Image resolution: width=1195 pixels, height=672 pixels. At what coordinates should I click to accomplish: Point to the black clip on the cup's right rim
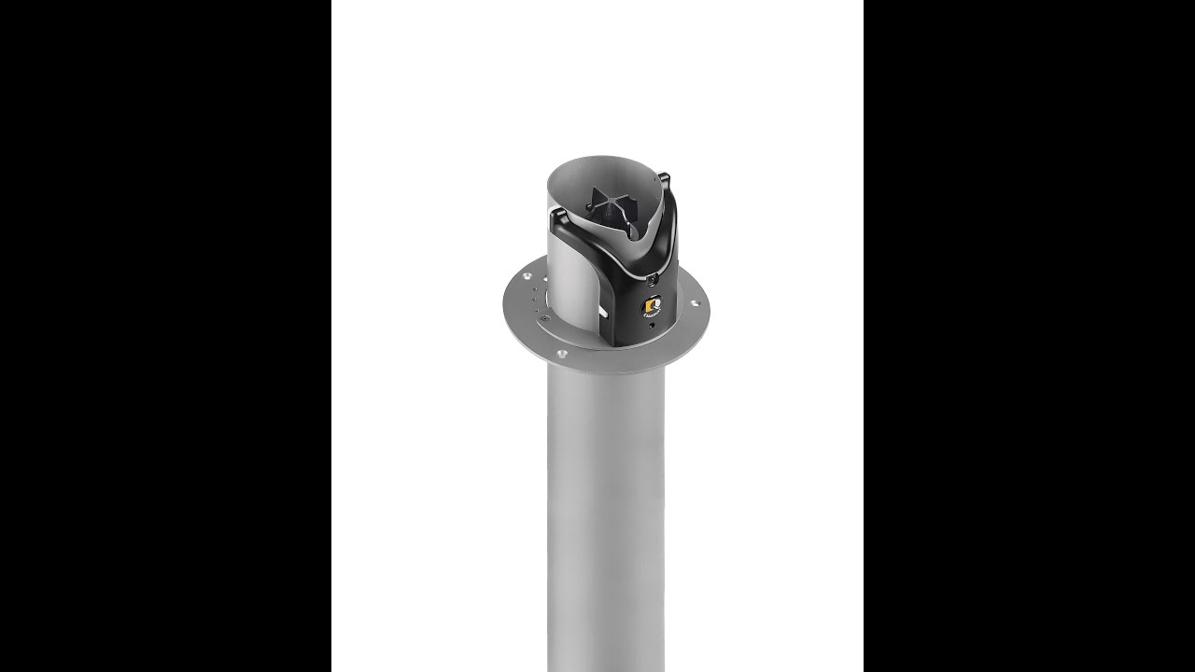click(x=664, y=177)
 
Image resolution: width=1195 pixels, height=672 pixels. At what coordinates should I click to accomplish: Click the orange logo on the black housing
click(x=651, y=306)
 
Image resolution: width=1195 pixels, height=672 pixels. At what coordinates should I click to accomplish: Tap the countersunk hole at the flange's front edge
click(x=561, y=354)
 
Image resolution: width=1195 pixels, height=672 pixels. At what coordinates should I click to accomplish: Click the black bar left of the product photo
click(x=165, y=336)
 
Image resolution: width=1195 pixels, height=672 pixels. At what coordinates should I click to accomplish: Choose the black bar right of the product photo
click(x=1029, y=336)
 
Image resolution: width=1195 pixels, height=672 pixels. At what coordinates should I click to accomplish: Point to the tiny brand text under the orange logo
click(x=651, y=317)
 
